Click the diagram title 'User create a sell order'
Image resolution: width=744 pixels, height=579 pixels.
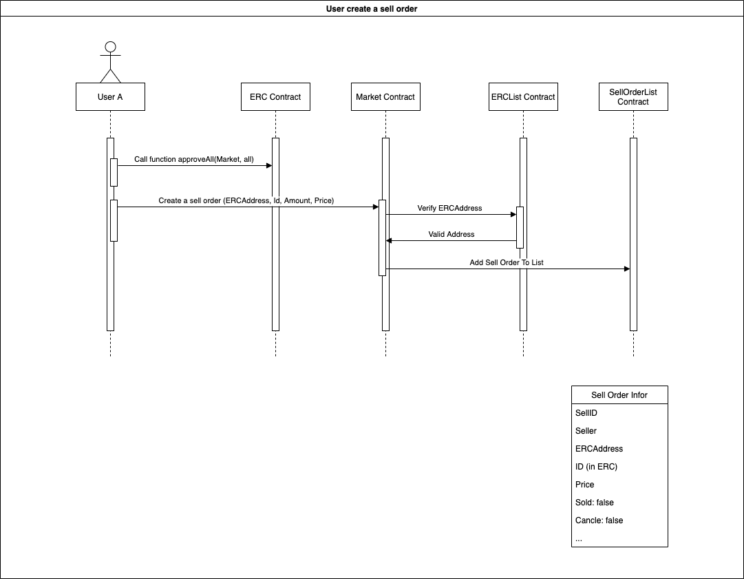click(x=372, y=8)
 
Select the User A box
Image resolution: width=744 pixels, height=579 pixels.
click(x=110, y=97)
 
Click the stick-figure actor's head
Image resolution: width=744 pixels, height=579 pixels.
click(x=110, y=48)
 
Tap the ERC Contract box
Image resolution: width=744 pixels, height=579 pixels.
click(x=275, y=97)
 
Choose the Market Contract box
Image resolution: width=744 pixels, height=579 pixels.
click(x=385, y=97)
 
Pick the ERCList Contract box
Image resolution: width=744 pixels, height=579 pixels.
click(x=523, y=97)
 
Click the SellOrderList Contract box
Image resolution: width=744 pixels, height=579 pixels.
click(x=633, y=97)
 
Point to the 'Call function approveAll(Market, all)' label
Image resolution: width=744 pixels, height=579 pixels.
click(x=194, y=159)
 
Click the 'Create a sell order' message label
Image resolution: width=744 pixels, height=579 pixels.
click(x=246, y=200)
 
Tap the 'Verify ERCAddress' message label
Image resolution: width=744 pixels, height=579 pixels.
click(x=449, y=208)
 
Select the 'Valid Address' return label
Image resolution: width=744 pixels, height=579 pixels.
click(x=451, y=234)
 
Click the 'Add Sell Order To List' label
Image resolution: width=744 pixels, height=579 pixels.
click(x=507, y=262)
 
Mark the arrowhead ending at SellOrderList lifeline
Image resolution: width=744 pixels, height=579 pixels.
click(x=626, y=269)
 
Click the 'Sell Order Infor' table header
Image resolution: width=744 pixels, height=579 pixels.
click(x=619, y=395)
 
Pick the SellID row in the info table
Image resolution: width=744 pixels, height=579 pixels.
click(x=586, y=413)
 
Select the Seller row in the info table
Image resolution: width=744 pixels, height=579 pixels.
click(x=586, y=431)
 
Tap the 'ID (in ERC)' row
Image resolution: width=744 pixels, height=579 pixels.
click(x=596, y=467)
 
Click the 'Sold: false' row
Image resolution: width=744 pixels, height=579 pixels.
click(x=595, y=503)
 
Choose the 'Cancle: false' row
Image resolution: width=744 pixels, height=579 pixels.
click(x=599, y=520)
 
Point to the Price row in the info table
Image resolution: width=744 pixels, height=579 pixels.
click(x=585, y=485)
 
